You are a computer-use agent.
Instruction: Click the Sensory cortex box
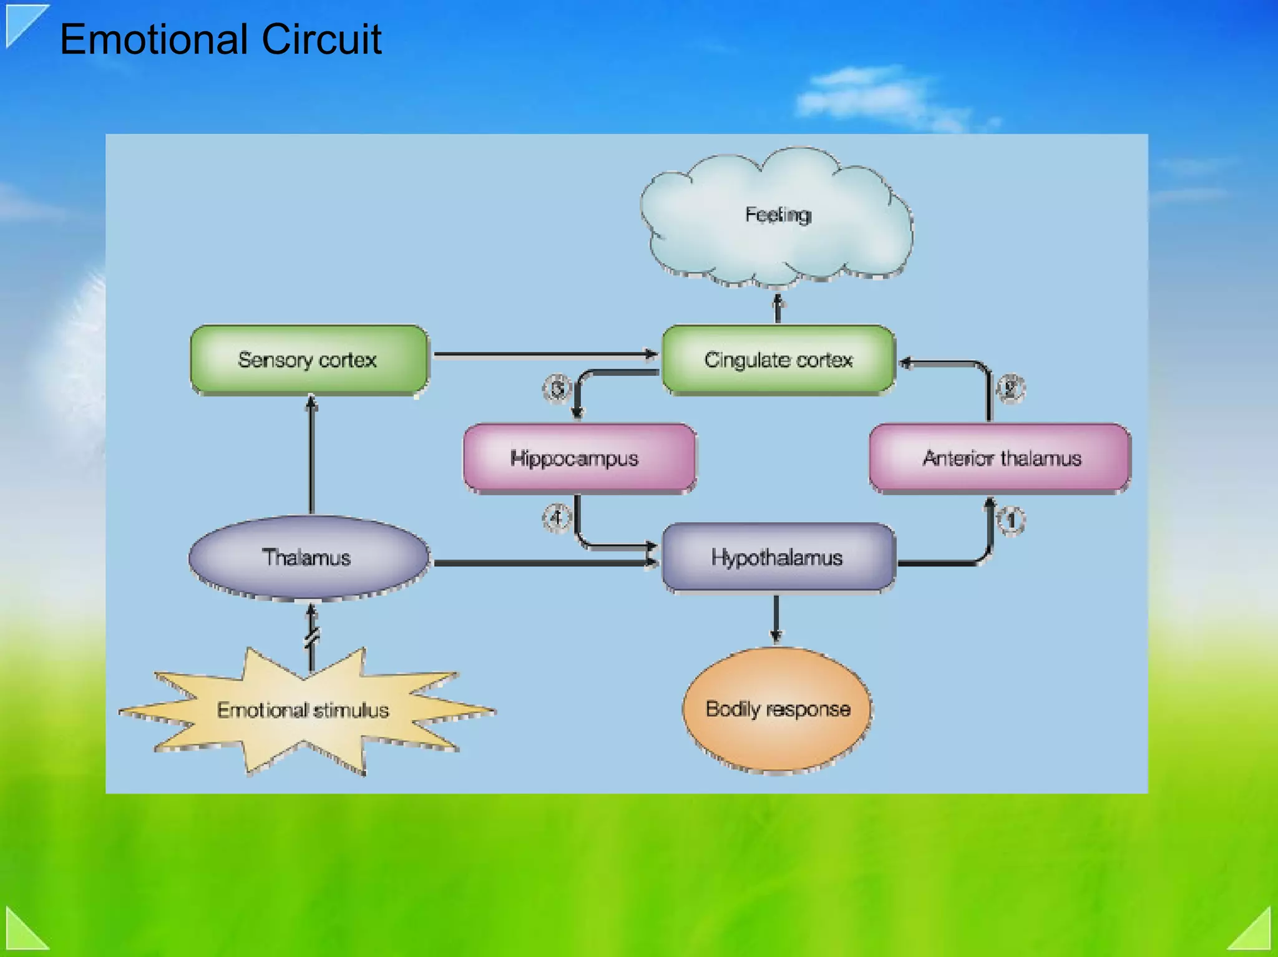click(x=309, y=359)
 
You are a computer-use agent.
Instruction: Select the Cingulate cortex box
click(x=778, y=359)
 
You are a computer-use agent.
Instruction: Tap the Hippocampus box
click(x=579, y=458)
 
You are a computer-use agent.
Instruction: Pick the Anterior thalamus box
click(x=1000, y=458)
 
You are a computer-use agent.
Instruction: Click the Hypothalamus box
click(x=778, y=557)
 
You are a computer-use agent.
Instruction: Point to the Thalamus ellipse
click(x=308, y=557)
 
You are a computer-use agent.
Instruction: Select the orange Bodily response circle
click(x=777, y=709)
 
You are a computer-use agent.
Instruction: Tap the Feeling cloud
click(x=777, y=215)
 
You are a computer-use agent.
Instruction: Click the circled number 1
click(x=1011, y=520)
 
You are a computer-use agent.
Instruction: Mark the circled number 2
click(x=1010, y=388)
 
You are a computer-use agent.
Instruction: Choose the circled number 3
click(x=557, y=389)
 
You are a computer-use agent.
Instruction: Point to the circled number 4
click(x=556, y=518)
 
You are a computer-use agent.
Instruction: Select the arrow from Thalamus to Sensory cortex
click(x=311, y=455)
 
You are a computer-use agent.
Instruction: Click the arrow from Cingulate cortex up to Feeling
click(x=778, y=309)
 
